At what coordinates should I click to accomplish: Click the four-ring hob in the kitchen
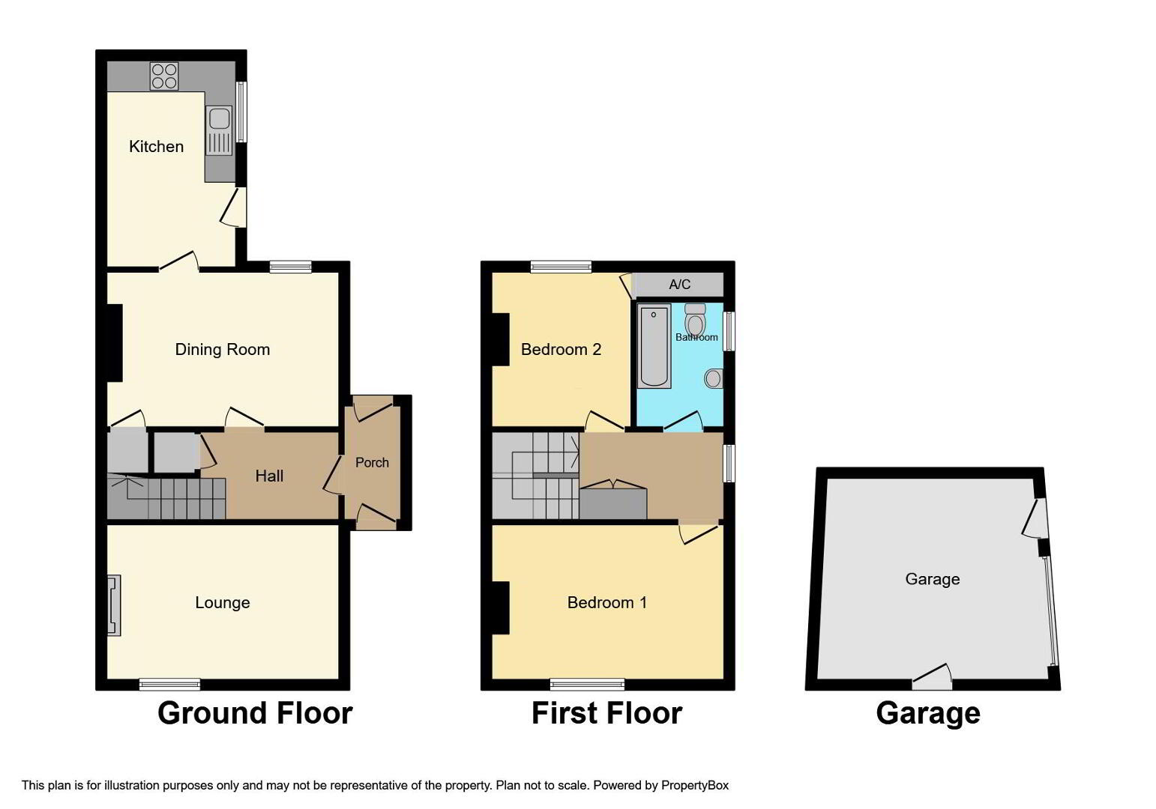[x=164, y=76]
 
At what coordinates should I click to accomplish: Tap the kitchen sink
[x=219, y=130]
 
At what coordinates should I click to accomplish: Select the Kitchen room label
[x=157, y=146]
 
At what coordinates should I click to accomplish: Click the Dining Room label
[x=223, y=350]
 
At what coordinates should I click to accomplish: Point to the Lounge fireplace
[x=114, y=605]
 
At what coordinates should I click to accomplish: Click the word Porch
[x=372, y=462]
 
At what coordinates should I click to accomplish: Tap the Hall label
[x=269, y=476]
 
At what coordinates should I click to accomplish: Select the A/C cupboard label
[x=680, y=284]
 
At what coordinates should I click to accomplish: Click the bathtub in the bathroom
[x=654, y=346]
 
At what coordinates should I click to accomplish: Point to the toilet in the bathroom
[x=695, y=320]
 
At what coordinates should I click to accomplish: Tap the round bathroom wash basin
[x=713, y=379]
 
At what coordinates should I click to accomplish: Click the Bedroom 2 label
[x=561, y=350]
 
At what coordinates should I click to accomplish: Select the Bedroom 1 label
[x=607, y=603]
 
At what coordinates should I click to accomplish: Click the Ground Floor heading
[x=255, y=714]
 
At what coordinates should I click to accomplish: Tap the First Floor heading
[x=607, y=714]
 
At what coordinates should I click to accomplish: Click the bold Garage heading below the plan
[x=928, y=715]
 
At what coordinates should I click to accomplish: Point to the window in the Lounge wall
[x=169, y=685]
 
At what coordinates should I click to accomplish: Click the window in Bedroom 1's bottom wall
[x=587, y=685]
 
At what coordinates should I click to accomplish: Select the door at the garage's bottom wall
[x=932, y=678]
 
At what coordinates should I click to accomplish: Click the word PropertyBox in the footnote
[x=695, y=786]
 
